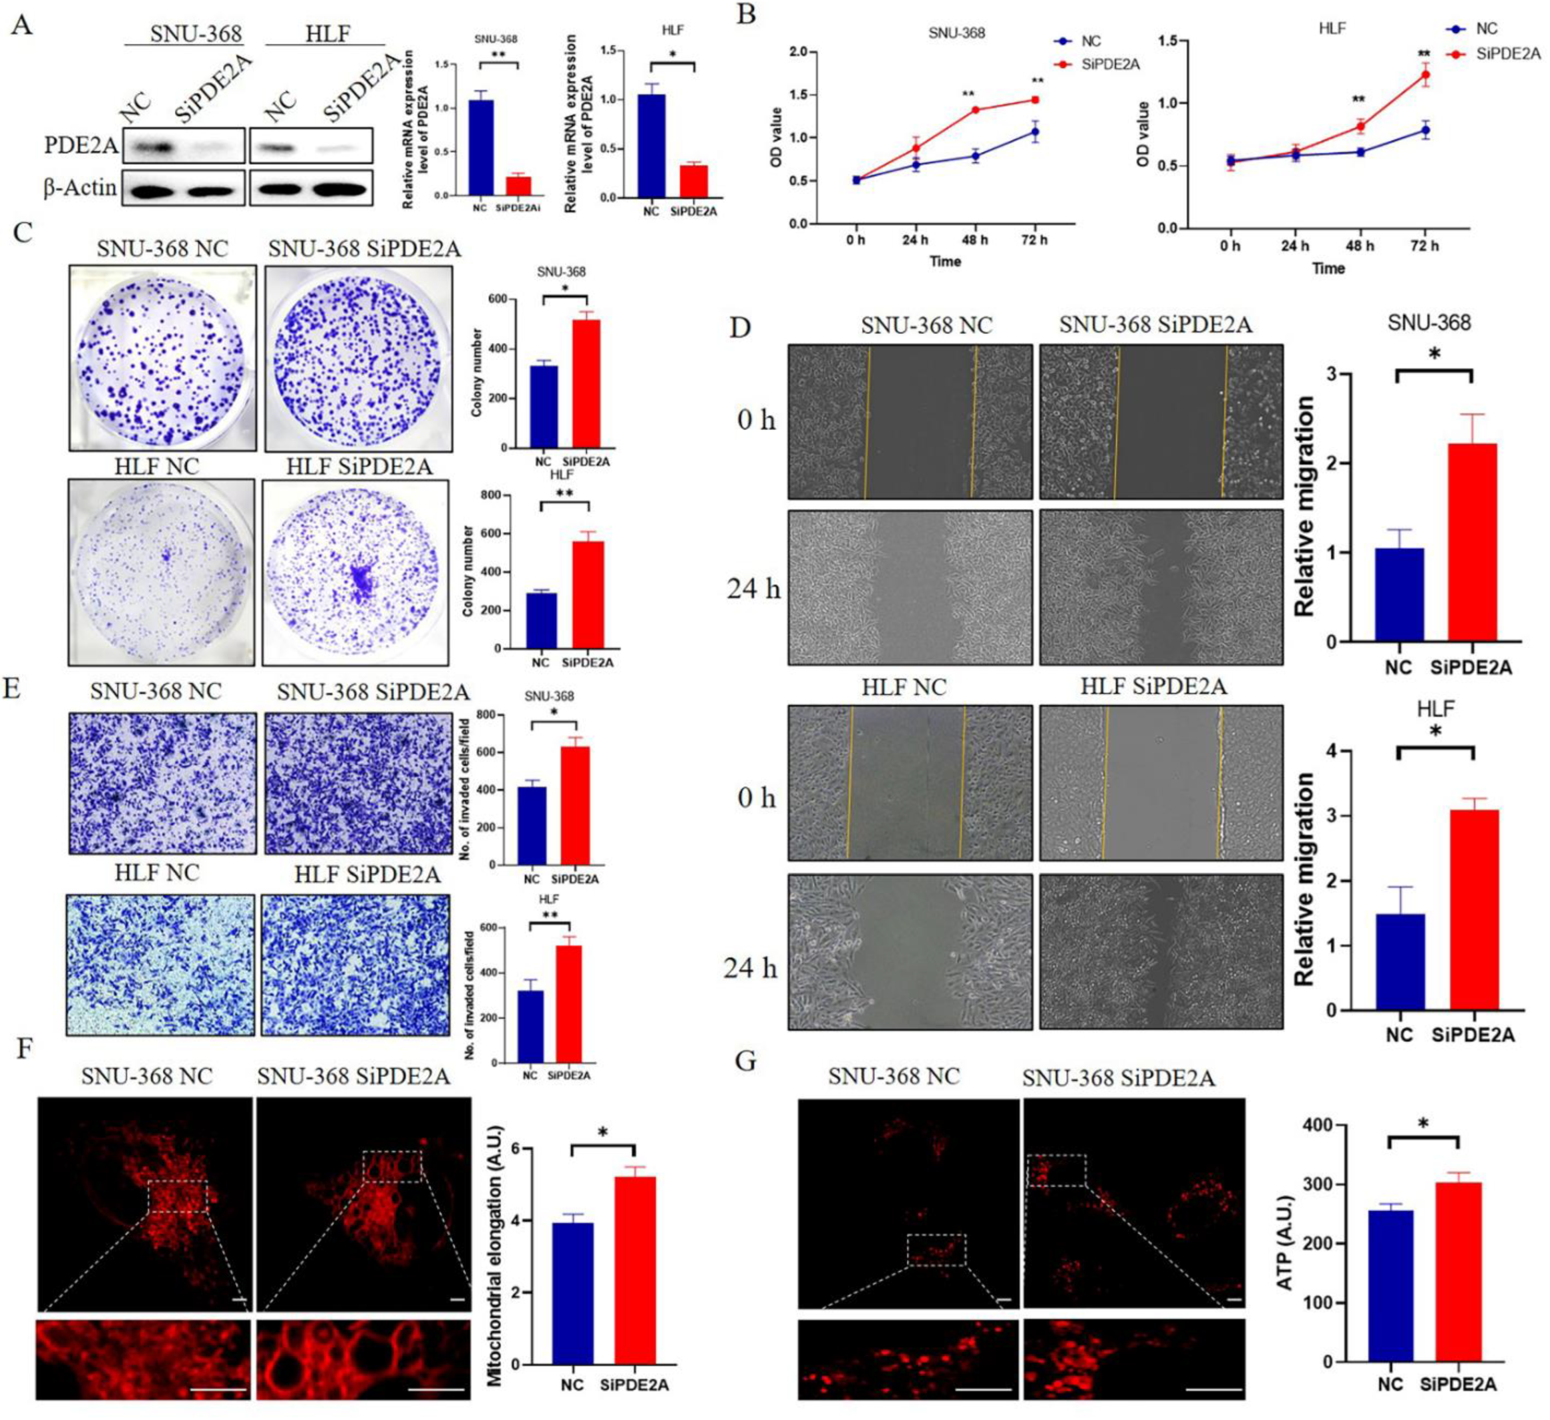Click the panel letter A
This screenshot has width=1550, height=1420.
coord(22,26)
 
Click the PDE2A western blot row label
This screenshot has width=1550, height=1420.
coord(81,145)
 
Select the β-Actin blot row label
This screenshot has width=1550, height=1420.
coord(79,188)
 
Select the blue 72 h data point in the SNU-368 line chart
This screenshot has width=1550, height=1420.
coord(1035,132)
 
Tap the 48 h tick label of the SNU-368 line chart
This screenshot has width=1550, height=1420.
coord(975,240)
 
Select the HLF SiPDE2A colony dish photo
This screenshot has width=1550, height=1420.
coord(355,572)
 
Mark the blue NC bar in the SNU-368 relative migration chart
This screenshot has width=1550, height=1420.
coord(1399,595)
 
